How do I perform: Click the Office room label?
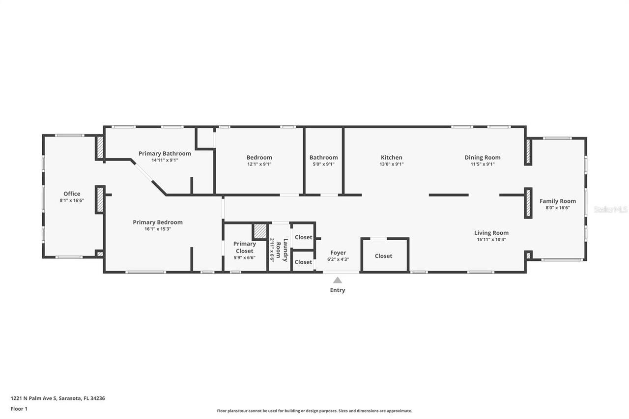point(72,194)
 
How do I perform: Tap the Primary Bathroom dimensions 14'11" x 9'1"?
point(165,160)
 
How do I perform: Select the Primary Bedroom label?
point(158,222)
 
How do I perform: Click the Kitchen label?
point(392,157)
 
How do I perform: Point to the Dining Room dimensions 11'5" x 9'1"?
point(483,165)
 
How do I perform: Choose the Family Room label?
point(558,201)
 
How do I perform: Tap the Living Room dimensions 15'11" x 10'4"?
point(491,240)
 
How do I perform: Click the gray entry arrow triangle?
point(338,280)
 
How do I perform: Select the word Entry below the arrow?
point(338,290)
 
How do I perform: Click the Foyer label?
point(338,252)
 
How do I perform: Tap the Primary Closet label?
point(244,247)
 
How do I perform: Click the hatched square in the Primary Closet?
point(259,231)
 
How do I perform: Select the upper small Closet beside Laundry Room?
point(303,237)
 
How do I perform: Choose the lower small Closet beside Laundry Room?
point(303,262)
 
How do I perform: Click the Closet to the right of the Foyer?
point(384,256)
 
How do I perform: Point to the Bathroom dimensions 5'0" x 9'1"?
point(323,165)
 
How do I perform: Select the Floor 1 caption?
point(19,409)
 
